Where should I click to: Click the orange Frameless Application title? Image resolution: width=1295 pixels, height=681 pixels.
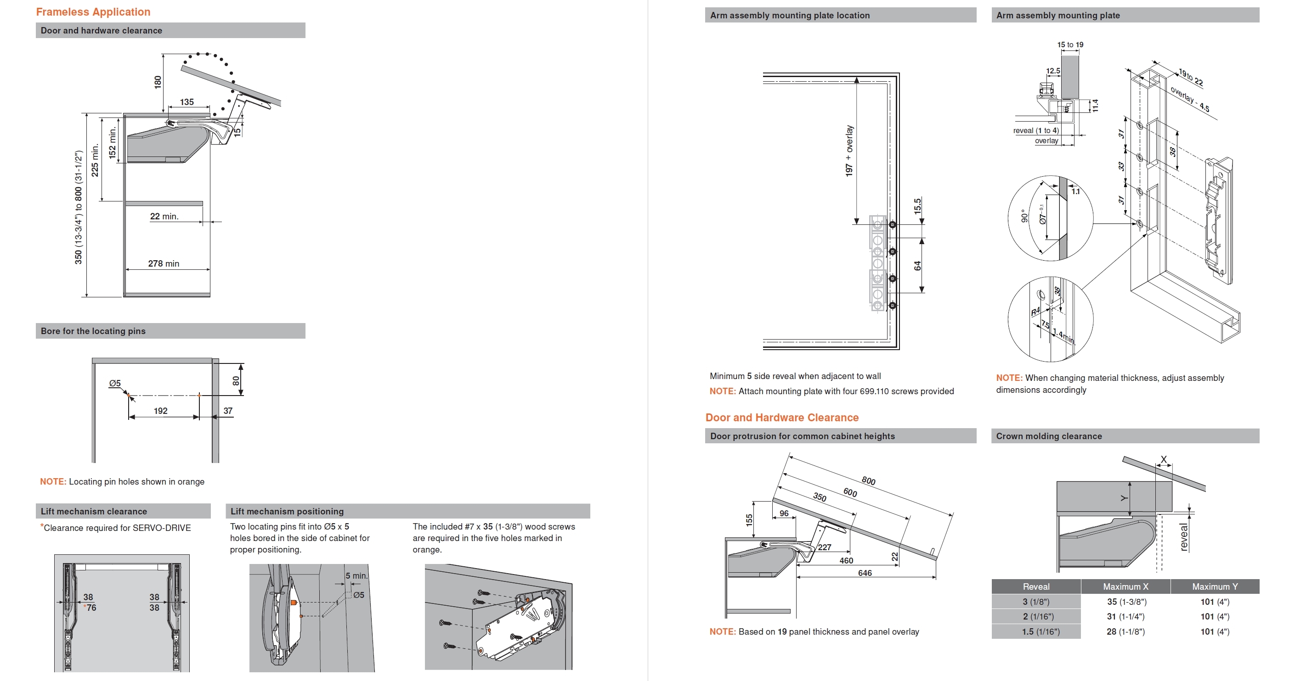pyautogui.click(x=93, y=12)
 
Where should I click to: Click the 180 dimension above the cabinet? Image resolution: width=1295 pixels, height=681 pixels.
pyautogui.click(x=158, y=82)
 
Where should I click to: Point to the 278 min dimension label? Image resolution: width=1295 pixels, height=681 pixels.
pyautogui.click(x=164, y=264)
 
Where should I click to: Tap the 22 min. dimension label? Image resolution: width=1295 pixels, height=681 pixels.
pyautogui.click(x=164, y=217)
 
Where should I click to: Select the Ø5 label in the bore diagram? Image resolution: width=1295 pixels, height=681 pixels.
pyautogui.click(x=115, y=383)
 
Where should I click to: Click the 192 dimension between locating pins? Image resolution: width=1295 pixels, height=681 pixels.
pyautogui.click(x=160, y=411)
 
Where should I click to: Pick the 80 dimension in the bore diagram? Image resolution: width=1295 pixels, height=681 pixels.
pyautogui.click(x=236, y=381)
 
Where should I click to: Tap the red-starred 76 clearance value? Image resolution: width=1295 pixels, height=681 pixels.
pyautogui.click(x=90, y=608)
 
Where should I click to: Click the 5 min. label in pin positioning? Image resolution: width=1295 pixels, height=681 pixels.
pyautogui.click(x=356, y=575)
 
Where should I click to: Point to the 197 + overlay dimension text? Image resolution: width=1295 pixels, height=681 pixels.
pyautogui.click(x=849, y=151)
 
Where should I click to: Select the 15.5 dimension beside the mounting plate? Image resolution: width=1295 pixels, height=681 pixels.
pyautogui.click(x=917, y=206)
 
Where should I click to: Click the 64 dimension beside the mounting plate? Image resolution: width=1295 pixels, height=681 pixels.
pyautogui.click(x=917, y=266)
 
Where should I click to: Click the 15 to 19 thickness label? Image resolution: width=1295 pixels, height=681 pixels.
pyautogui.click(x=1070, y=45)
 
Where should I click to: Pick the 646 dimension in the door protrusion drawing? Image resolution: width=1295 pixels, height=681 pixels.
pyautogui.click(x=865, y=573)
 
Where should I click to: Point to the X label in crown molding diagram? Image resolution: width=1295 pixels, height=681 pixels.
pyautogui.click(x=1163, y=459)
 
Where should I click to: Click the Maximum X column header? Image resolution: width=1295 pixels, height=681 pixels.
pyautogui.click(x=1125, y=586)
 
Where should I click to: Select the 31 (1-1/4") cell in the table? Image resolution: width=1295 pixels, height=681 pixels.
pyautogui.click(x=1125, y=617)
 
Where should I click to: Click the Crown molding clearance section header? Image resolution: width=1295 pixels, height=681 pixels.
pyautogui.click(x=1049, y=436)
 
